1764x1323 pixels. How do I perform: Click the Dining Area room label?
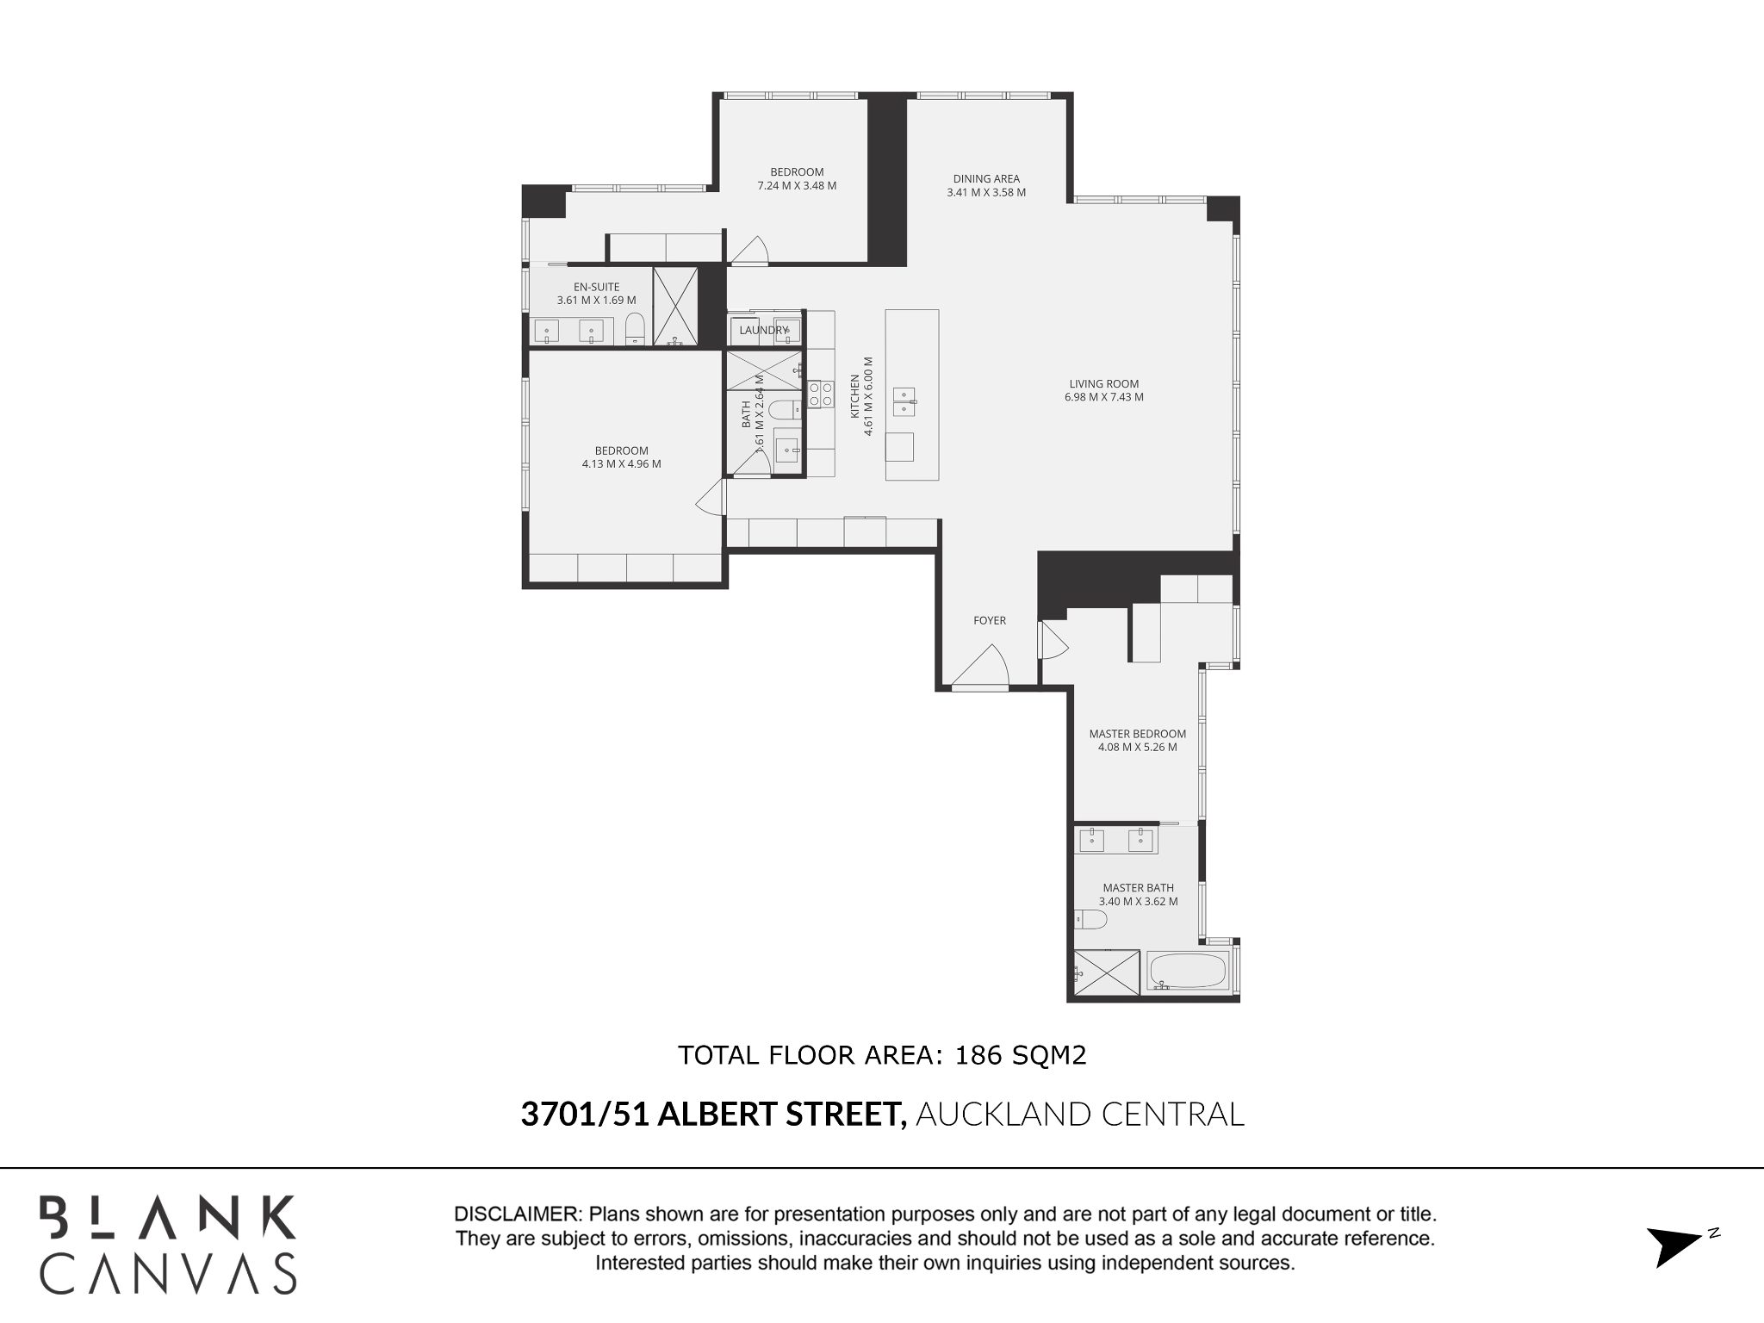986,179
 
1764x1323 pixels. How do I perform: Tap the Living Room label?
1104,384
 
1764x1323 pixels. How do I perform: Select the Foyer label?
990,620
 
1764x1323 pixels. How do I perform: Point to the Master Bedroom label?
1137,734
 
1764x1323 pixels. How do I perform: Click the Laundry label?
763,330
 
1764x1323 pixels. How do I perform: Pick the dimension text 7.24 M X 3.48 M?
797,185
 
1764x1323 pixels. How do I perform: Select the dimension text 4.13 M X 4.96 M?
621,463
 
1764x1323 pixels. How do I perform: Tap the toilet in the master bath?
1090,921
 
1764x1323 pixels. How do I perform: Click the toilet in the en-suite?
635,328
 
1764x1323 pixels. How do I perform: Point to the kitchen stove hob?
821,394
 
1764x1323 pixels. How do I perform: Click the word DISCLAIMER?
517,1214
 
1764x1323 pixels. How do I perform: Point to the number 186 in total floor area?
978,1055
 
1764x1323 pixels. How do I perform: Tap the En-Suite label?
596,287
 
